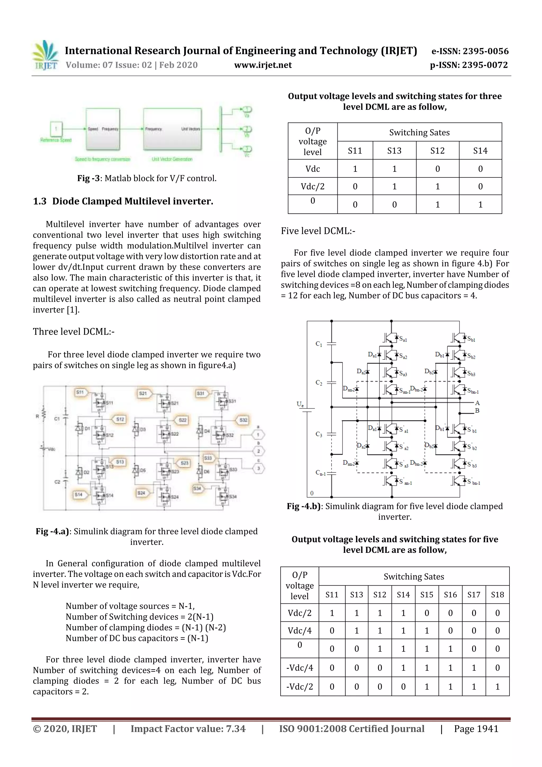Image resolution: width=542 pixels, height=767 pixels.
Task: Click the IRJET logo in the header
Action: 46,55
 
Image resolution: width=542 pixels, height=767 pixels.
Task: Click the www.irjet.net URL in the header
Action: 263,65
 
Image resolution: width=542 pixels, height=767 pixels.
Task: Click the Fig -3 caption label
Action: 88,178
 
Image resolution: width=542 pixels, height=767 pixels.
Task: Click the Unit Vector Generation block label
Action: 172,159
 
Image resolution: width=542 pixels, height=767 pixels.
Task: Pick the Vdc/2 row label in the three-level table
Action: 312,186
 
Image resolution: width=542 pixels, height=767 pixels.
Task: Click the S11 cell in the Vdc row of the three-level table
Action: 355,169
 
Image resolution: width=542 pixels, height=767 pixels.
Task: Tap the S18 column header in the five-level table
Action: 497,595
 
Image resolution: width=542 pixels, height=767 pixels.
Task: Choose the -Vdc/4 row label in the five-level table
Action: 300,668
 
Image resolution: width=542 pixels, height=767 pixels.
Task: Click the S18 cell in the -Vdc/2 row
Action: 497,687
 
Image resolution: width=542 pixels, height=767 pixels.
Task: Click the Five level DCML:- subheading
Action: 318,231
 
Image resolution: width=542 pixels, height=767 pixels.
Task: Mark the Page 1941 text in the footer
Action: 476,729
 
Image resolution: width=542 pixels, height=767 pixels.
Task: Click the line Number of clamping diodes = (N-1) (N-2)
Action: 146,627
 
